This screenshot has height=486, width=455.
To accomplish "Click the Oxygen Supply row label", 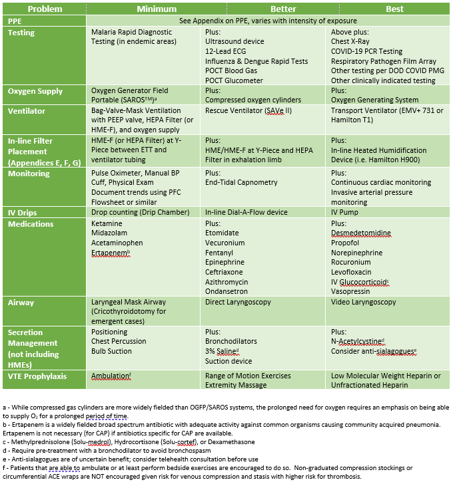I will [35, 91].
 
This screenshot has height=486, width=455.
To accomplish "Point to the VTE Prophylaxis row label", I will [38, 376].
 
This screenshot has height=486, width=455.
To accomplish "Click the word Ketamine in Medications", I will [107, 233].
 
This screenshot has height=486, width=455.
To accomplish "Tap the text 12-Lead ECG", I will [226, 51].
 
